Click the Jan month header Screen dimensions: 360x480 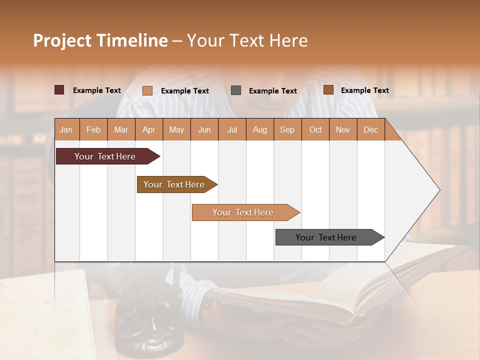click(66, 129)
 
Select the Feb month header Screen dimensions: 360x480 click(93, 129)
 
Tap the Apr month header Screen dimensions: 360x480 click(148, 129)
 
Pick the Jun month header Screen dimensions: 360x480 click(204, 129)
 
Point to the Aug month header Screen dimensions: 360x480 click(259, 129)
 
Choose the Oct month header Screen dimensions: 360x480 click(315, 129)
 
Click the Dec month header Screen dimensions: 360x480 click(370, 129)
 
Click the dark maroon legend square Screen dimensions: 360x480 click(59, 90)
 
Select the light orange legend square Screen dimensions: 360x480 click(147, 90)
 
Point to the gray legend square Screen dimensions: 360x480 click(236, 90)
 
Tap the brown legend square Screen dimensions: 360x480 click(328, 90)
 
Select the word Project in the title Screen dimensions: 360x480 click(61, 40)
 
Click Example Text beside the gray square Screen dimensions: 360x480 click(272, 90)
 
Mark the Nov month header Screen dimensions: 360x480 click(342, 129)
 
